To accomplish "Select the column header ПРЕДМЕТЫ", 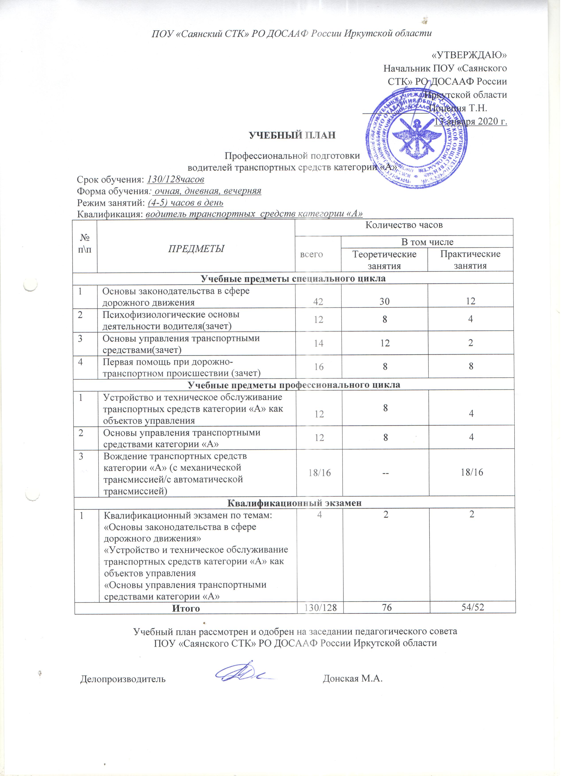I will [x=196, y=249].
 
